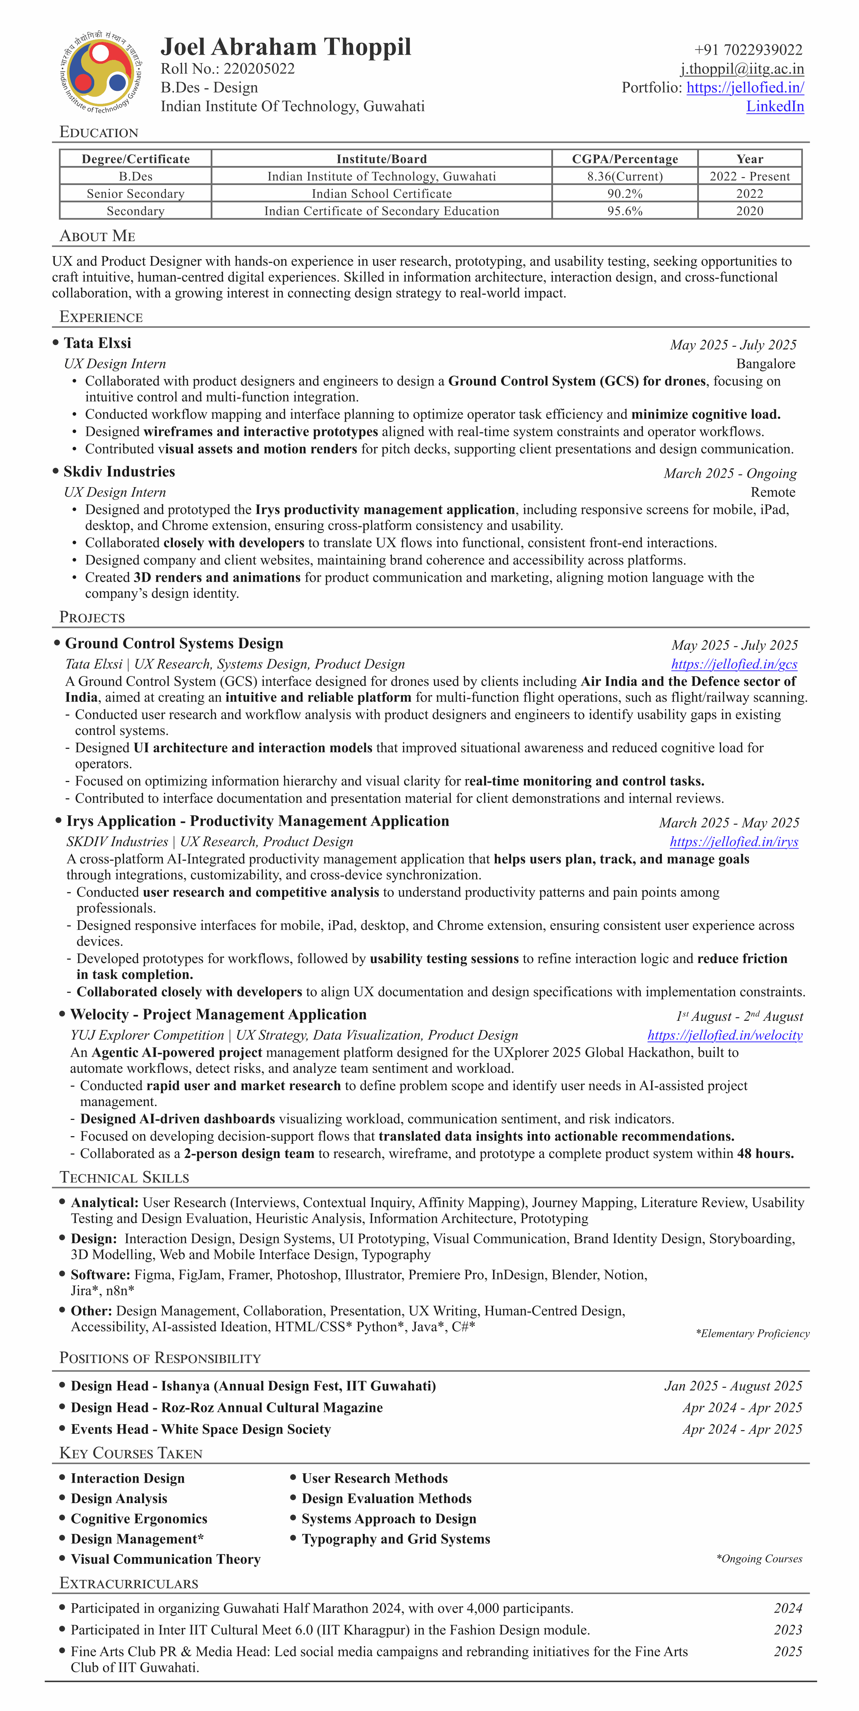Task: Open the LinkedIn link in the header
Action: click(x=775, y=106)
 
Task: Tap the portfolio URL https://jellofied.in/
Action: click(x=745, y=88)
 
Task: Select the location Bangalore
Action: click(x=765, y=364)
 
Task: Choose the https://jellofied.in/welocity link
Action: click(x=725, y=1035)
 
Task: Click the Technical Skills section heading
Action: click(x=124, y=1178)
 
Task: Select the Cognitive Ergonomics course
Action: click(x=139, y=1519)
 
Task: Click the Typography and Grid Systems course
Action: click(x=396, y=1539)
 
